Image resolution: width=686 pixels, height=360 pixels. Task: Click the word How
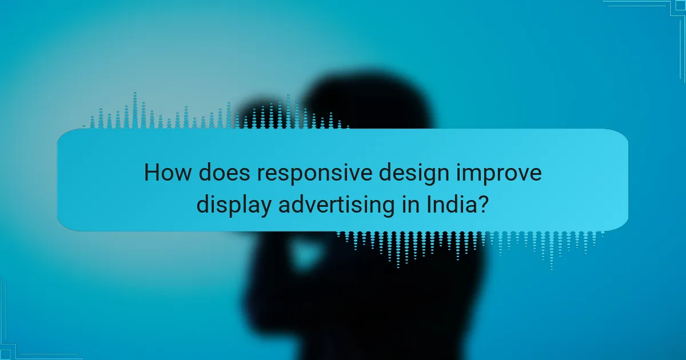(166, 173)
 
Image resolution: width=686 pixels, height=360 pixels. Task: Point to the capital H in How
(151, 173)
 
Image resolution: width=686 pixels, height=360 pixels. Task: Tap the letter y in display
(266, 207)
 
